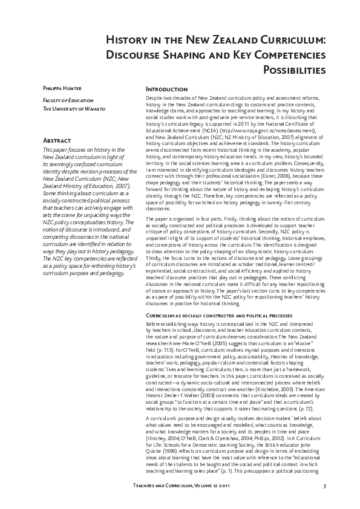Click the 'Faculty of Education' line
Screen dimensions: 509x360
pyautogui.click(x=59, y=100)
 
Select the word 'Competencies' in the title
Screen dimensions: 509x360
pyautogui.click(x=287, y=55)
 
